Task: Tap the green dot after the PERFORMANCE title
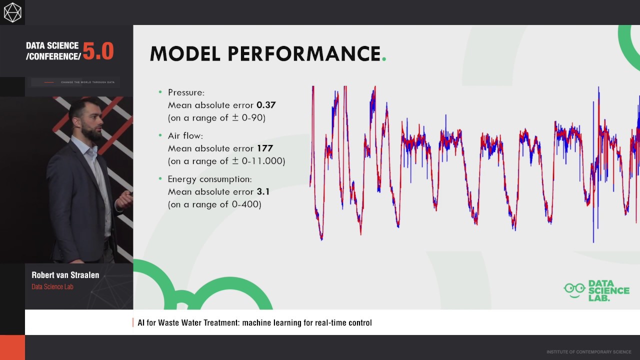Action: (x=384, y=59)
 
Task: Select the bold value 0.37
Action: (x=266, y=105)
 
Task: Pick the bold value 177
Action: (x=264, y=148)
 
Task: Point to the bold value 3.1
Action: (x=263, y=191)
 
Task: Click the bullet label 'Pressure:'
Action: (x=186, y=92)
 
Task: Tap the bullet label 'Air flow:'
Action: (x=185, y=135)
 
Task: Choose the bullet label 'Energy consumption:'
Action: (x=209, y=179)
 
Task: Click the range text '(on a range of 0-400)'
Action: (x=214, y=204)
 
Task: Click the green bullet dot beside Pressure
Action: (x=160, y=92)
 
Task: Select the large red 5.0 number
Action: (x=98, y=51)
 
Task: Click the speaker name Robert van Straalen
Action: (x=65, y=275)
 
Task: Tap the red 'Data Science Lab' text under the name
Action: (x=52, y=287)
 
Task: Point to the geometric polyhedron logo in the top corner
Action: (x=12, y=12)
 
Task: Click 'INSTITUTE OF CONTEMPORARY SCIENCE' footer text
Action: (x=588, y=352)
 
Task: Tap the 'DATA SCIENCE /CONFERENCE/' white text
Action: (x=53, y=51)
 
